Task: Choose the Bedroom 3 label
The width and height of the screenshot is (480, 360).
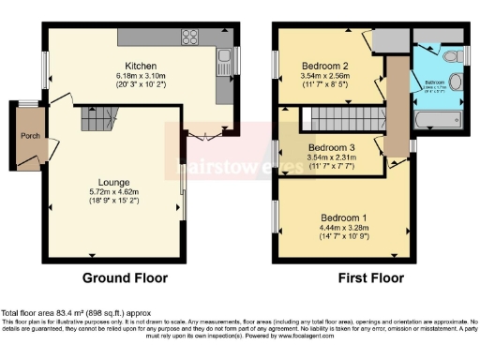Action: coord(332,148)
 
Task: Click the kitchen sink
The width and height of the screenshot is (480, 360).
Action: coord(224,65)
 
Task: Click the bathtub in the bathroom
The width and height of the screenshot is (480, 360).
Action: coord(436,121)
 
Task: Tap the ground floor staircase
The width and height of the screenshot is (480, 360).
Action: coord(97,119)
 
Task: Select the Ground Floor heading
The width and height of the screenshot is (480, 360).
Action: coord(125,278)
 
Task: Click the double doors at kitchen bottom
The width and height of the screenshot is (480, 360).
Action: coord(203,135)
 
